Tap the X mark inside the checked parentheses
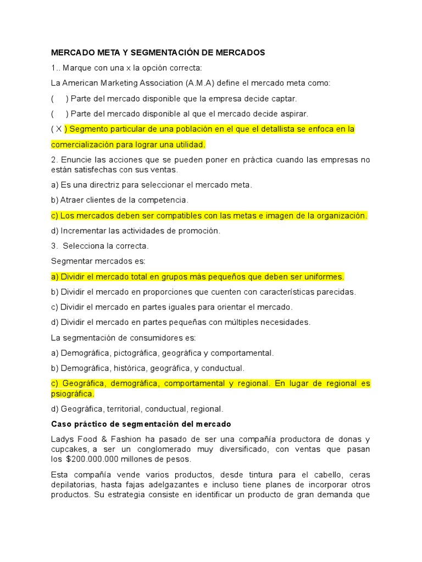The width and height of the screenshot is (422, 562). [x=59, y=130]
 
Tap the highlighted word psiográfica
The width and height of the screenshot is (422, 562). [x=73, y=394]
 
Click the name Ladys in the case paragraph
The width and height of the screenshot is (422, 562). [x=63, y=440]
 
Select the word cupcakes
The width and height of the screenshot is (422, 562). [x=69, y=449]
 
